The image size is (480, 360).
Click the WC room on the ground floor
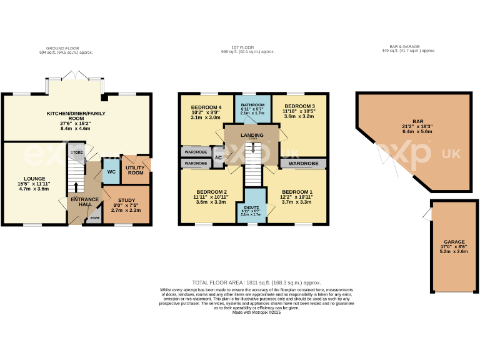[x=110, y=172]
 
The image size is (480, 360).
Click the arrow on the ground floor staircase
[x=76, y=187]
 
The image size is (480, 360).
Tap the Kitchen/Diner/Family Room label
[x=76, y=116]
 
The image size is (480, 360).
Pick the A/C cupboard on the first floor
[x=218, y=157]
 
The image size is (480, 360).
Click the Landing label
[x=252, y=135]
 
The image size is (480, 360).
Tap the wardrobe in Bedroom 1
[x=303, y=164]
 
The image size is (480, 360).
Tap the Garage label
[x=454, y=241]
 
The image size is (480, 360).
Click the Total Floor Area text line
[x=256, y=283]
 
